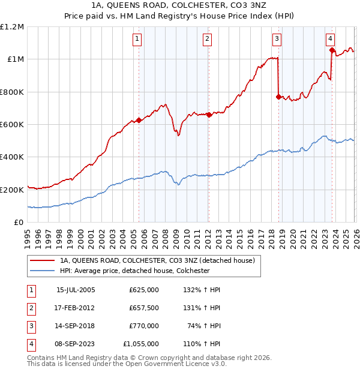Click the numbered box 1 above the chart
pyautogui.click(x=137, y=39)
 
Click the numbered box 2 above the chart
pyautogui.click(x=207, y=39)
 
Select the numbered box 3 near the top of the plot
pyautogui.click(x=277, y=39)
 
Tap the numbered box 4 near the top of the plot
pyautogui.click(x=331, y=39)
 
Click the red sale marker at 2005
pyautogui.click(x=139, y=120)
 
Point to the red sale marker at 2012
pyautogui.click(x=209, y=115)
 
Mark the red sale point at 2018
pyautogui.click(x=278, y=97)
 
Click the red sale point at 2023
pyautogui.click(x=332, y=50)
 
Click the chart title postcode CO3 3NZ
pyautogui.click(x=235, y=5)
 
